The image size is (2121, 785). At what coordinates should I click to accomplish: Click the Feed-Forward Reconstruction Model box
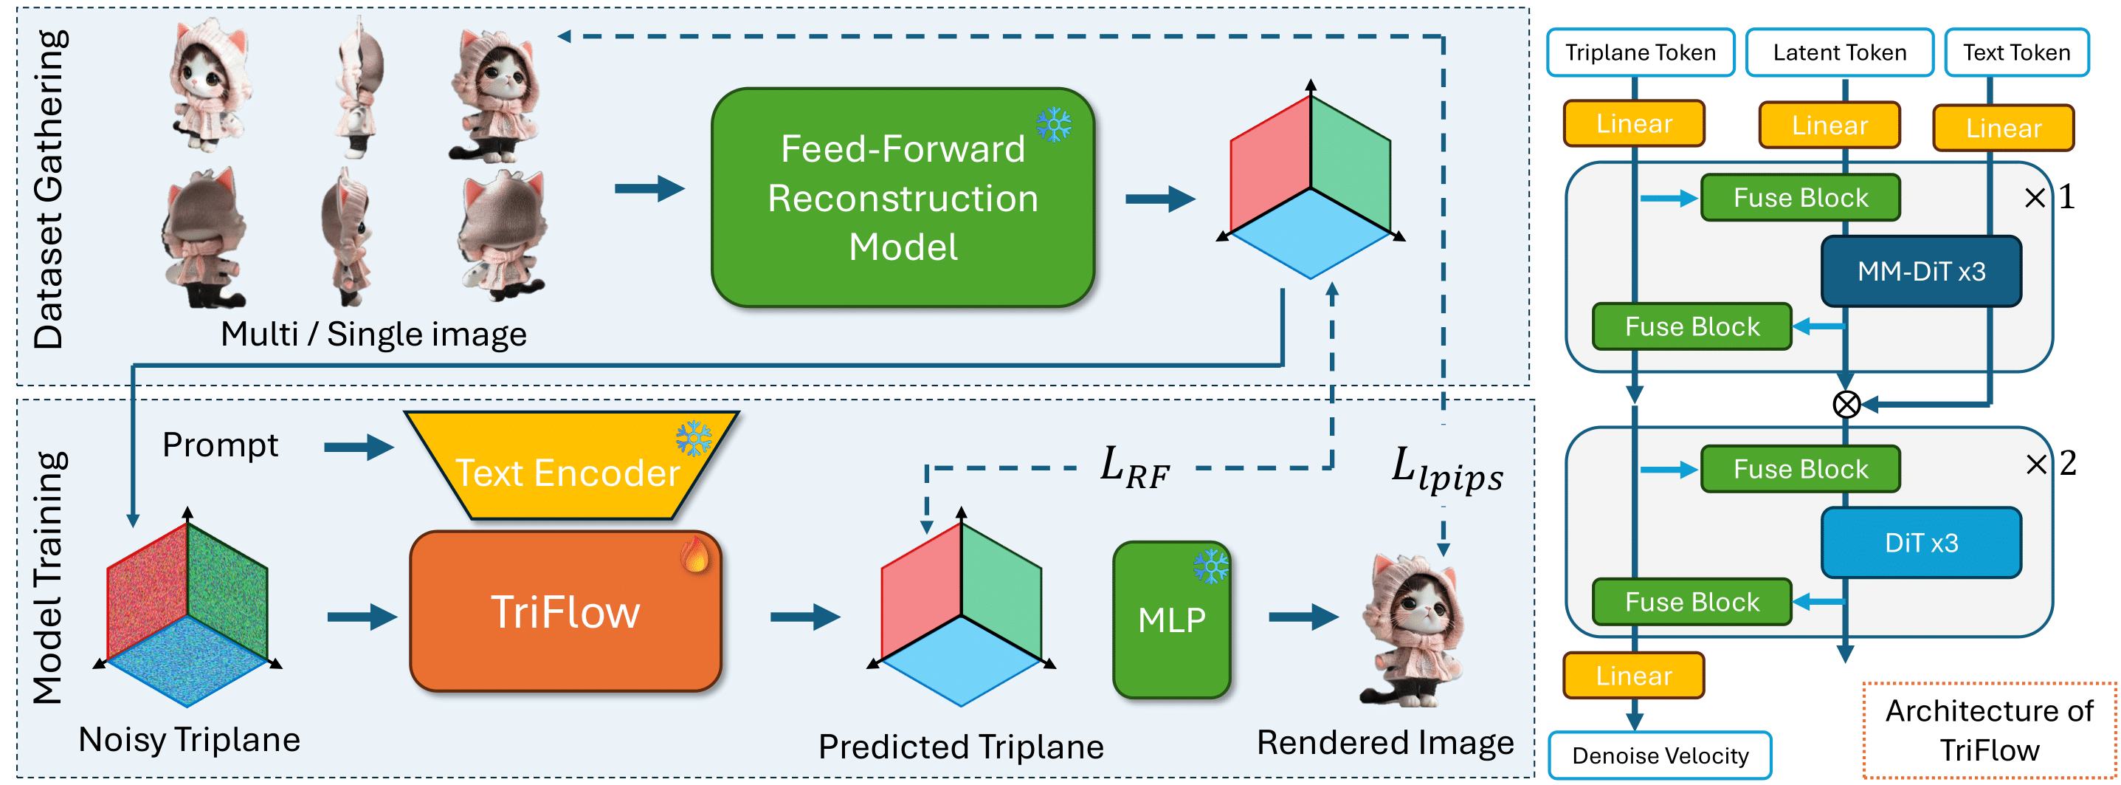coord(903,198)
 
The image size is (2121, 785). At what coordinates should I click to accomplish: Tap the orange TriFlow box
coord(565,611)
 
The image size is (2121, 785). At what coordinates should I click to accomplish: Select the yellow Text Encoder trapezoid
coord(570,465)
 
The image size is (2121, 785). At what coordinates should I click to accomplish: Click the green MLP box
coord(1172,620)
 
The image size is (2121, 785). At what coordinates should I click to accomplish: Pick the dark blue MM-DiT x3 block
coord(1922,271)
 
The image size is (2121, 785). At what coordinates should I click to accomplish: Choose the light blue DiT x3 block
coord(1922,542)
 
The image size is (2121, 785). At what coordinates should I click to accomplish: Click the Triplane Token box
coord(1640,52)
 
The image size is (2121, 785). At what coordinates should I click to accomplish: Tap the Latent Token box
coord(1839,52)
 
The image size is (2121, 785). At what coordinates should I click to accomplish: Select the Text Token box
coord(2016,52)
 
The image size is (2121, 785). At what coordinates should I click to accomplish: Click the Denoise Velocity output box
coord(1660,755)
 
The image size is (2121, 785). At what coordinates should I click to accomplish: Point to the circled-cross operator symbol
coord(1846,405)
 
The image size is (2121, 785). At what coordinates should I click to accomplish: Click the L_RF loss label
coord(1134,467)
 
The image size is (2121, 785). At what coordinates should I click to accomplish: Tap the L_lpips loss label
coord(1446,470)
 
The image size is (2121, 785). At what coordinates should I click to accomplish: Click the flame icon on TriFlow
coord(695,554)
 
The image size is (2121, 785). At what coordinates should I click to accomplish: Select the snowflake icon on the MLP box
coord(1211,566)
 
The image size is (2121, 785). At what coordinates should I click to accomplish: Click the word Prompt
coord(220,445)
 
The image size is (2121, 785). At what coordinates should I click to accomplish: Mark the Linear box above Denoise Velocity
coord(1634,676)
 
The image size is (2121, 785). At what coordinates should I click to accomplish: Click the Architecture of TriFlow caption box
coord(1989,730)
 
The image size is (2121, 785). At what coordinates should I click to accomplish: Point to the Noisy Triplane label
coord(190,740)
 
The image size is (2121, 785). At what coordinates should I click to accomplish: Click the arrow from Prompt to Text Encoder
coord(359,448)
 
